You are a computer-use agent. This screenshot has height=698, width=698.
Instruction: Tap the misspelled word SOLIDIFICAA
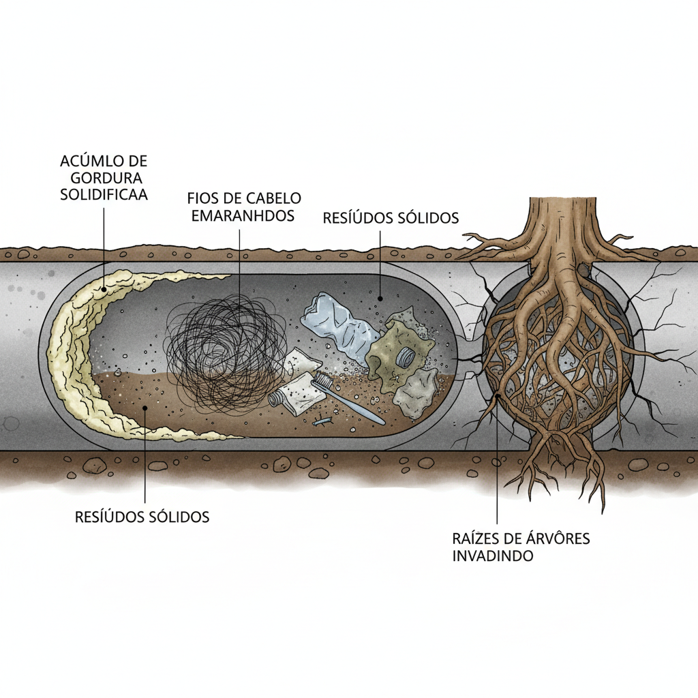[104, 194]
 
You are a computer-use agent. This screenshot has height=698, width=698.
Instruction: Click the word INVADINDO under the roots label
[493, 556]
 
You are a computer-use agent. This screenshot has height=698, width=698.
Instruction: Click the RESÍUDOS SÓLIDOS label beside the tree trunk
[391, 218]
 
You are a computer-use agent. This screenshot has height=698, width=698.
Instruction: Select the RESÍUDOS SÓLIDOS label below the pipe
[142, 517]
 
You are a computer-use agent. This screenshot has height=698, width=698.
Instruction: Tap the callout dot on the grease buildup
[104, 288]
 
